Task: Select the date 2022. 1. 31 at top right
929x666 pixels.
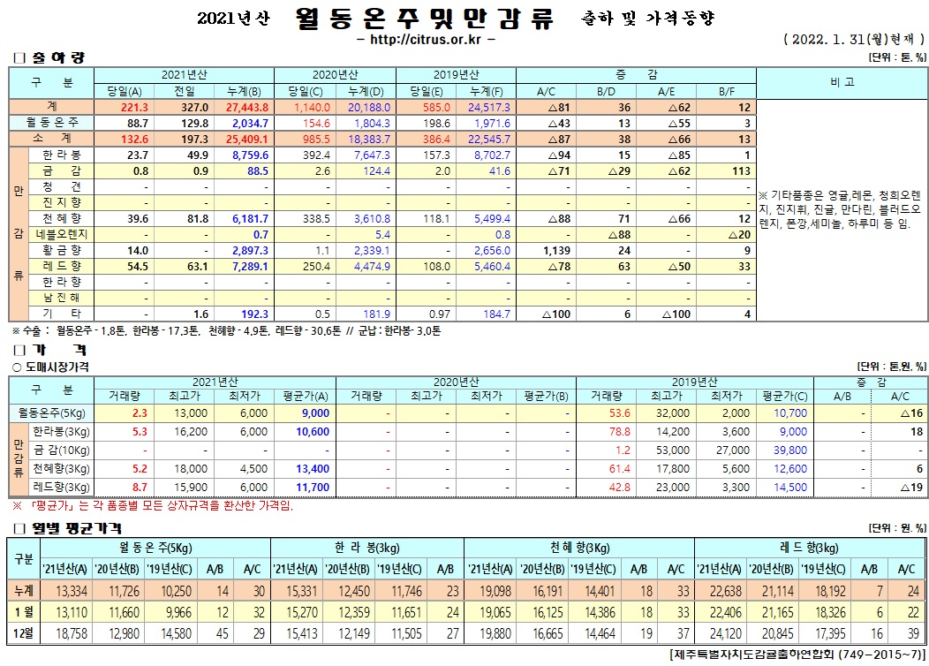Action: pos(827,40)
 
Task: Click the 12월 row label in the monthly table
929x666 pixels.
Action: pos(24,633)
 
